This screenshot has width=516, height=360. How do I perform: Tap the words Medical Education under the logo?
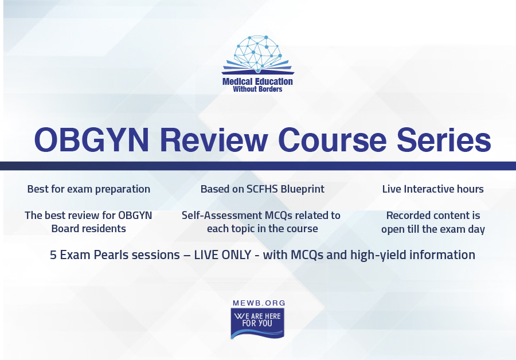click(x=257, y=81)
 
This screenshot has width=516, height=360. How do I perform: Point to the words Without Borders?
click(x=257, y=89)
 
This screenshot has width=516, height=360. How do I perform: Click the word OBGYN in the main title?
click(x=92, y=139)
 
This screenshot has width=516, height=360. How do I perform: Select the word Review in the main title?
click(x=214, y=139)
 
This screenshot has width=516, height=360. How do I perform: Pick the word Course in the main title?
click(x=333, y=139)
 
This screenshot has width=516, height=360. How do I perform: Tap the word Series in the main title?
click(x=444, y=139)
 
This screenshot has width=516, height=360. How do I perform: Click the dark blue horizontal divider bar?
click(x=258, y=166)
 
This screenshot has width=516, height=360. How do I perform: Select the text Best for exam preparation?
click(x=88, y=189)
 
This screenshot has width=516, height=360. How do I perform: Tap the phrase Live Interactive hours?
click(x=433, y=189)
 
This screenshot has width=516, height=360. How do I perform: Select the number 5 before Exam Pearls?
click(x=53, y=255)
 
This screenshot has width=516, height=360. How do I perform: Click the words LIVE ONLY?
click(x=223, y=255)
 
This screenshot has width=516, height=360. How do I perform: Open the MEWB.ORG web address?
click(x=259, y=303)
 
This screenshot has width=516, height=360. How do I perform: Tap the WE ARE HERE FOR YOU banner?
click(x=257, y=323)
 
